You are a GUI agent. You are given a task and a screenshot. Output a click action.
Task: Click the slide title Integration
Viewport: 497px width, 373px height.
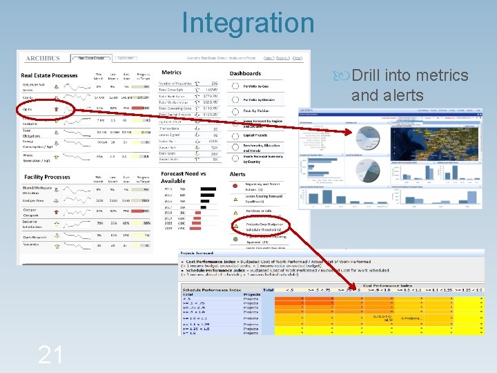coord(248,22)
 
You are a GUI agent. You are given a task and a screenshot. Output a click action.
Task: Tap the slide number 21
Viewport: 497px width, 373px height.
coord(51,354)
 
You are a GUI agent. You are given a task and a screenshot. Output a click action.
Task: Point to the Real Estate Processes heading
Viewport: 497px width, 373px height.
coord(50,75)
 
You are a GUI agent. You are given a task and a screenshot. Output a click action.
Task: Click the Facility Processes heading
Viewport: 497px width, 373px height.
coord(47,177)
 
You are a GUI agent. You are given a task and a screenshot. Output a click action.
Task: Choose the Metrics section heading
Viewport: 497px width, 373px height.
coord(171,73)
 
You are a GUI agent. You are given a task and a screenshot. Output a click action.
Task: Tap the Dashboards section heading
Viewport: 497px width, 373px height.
coord(245,73)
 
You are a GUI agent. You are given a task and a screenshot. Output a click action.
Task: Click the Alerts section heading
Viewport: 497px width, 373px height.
coord(237,175)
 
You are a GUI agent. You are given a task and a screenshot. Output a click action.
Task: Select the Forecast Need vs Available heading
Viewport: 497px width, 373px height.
coord(183,178)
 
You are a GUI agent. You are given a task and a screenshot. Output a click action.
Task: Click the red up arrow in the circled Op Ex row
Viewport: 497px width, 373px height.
coord(57,108)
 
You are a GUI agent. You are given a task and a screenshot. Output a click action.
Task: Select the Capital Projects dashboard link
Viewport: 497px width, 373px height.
coord(255,135)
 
